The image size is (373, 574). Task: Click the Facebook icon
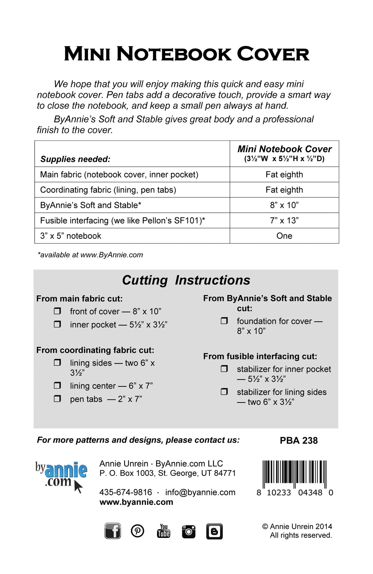pyautogui.click(x=113, y=531)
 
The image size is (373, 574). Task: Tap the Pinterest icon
pyautogui.click(x=137, y=531)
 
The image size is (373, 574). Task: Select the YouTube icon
pyautogui.click(x=163, y=531)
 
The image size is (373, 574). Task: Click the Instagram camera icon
pyautogui.click(x=189, y=531)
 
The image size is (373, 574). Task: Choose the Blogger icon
pyautogui.click(x=214, y=531)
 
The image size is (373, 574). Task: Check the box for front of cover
pyautogui.click(x=58, y=311)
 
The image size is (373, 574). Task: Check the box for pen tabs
pyautogui.click(x=58, y=399)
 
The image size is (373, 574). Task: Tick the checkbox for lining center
pyautogui.click(x=58, y=385)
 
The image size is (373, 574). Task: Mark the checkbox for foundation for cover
pyautogui.click(x=224, y=321)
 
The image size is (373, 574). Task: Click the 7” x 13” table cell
pyautogui.click(x=284, y=221)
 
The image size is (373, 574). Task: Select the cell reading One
pyautogui.click(x=284, y=236)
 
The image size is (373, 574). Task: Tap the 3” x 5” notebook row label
pyautogui.click(x=71, y=236)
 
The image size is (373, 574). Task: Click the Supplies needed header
pyautogui.click(x=75, y=159)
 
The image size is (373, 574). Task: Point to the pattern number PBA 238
pyautogui.click(x=299, y=440)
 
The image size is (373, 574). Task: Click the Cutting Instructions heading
pyautogui.click(x=186, y=280)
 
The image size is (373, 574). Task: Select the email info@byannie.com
pyautogui.click(x=200, y=492)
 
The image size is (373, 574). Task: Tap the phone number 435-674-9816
pyautogui.click(x=126, y=492)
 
